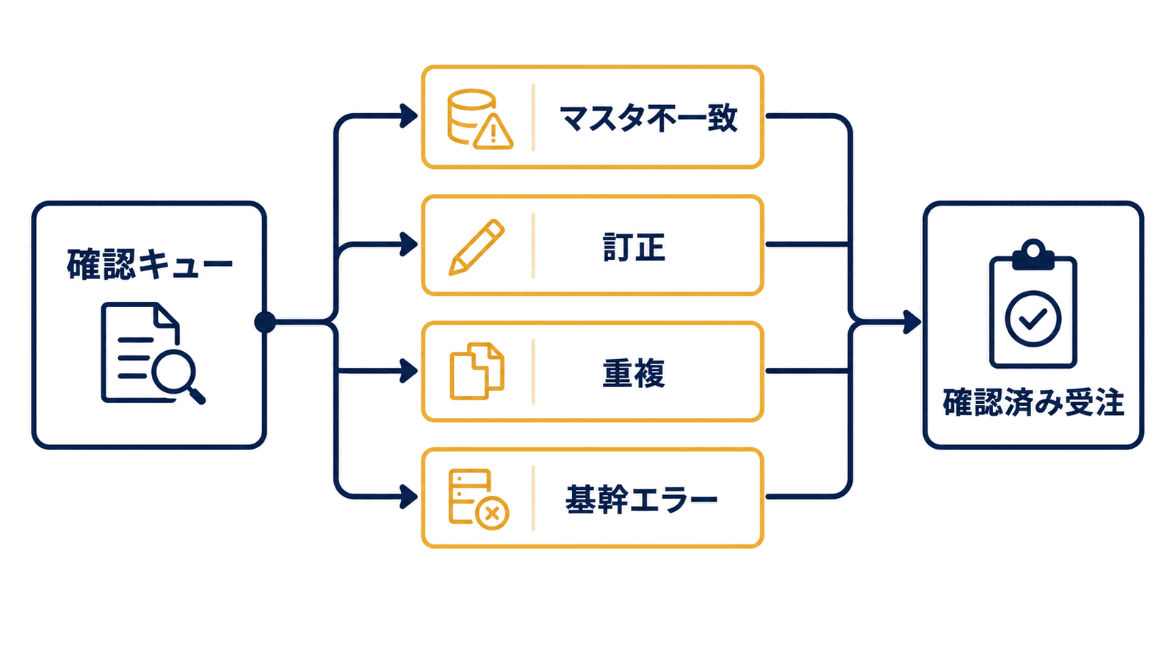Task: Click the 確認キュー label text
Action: coord(150,264)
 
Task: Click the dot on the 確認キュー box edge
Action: coord(265,322)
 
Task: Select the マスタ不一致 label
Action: coord(649,118)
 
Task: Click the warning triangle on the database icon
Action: coord(493,131)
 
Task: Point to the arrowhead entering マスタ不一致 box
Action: coord(408,116)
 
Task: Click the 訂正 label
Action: coord(634,248)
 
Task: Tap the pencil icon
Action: coord(477,247)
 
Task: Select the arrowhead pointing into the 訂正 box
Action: coord(408,245)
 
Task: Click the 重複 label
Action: coord(634,373)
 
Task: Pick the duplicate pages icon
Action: coord(477,371)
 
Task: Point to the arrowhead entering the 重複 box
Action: coord(408,372)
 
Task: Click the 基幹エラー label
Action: coord(641,499)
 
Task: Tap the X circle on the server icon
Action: coord(492,513)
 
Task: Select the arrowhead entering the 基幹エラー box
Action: coord(408,496)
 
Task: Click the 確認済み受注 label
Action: coord(1033,403)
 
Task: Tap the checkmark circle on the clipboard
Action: coord(1033,319)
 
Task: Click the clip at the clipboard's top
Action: coord(1033,255)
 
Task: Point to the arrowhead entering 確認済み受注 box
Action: coord(912,322)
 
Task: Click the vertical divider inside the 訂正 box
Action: coord(533,245)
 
